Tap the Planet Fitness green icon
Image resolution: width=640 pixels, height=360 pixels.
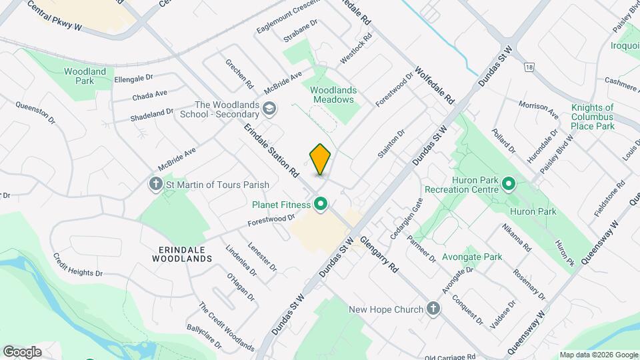(x=321, y=204)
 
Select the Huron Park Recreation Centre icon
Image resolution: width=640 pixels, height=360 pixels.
(x=509, y=183)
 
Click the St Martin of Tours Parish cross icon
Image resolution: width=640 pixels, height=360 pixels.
(x=156, y=183)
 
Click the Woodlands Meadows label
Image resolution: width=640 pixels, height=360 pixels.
(x=333, y=95)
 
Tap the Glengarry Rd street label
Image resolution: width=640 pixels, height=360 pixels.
(x=379, y=255)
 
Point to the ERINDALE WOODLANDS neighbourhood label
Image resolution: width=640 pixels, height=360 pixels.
(x=181, y=253)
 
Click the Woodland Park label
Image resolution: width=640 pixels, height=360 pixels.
(x=85, y=76)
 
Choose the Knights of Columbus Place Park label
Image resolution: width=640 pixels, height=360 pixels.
(x=592, y=117)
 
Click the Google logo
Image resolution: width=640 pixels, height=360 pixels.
(x=22, y=351)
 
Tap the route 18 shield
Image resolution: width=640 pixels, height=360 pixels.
(x=529, y=67)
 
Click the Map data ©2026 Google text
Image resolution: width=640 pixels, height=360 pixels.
(x=597, y=355)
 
